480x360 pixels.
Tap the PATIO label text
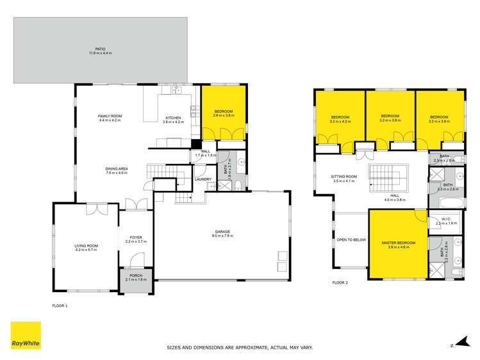[x=100, y=49]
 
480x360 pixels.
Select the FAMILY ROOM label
[x=110, y=116]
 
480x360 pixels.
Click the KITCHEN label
[x=174, y=118]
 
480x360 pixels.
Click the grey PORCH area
[x=136, y=281]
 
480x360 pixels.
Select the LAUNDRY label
[x=203, y=179]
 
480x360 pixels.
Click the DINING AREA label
[x=117, y=169]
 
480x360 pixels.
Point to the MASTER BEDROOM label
[x=398, y=243]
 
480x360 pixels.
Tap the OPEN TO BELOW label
[x=351, y=240]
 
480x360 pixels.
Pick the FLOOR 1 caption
[x=60, y=306]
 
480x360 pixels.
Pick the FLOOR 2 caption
[x=340, y=282]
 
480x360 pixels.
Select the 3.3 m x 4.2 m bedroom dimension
[x=340, y=121]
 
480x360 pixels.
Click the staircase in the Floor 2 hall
[x=383, y=177]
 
